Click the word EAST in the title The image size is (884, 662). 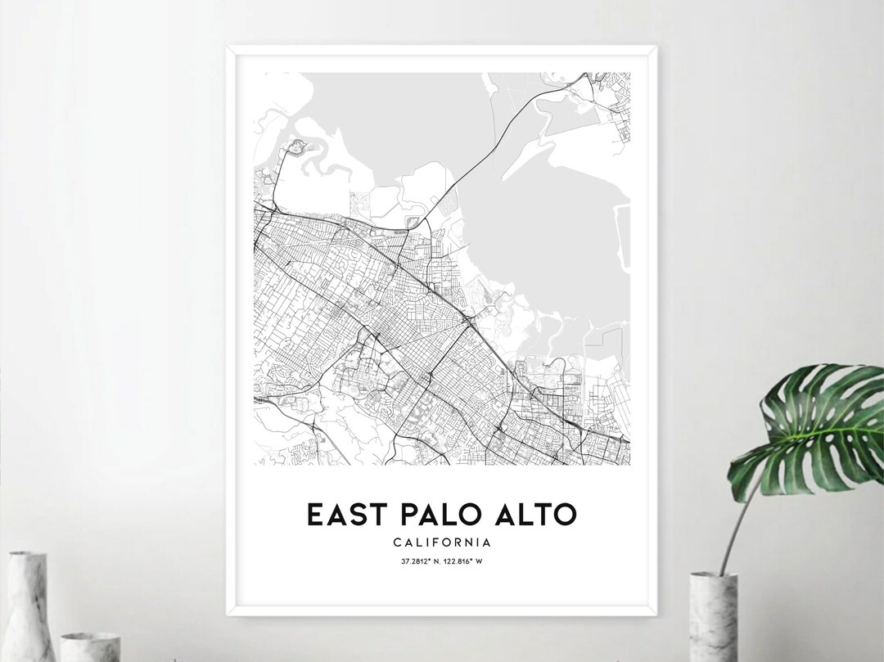(341, 515)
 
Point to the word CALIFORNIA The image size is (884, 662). (442, 542)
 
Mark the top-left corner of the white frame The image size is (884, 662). (228, 47)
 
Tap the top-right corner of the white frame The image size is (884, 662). (668, 47)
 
